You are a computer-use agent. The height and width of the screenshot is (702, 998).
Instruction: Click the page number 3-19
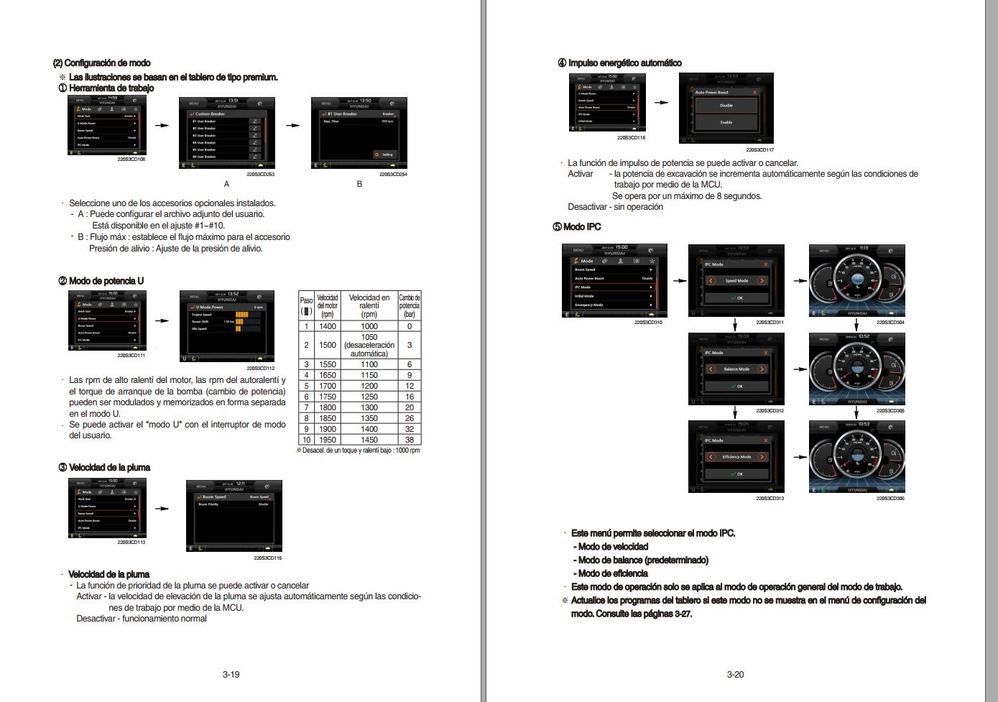(231, 674)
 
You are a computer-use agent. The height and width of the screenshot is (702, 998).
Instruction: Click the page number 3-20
(735, 674)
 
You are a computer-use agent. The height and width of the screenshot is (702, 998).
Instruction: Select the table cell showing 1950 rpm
(327, 440)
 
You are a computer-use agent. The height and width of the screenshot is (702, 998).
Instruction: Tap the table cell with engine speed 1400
(327, 326)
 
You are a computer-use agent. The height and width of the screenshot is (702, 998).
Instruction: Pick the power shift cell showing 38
(410, 440)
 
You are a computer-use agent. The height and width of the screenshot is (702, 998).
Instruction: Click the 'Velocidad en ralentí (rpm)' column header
(369, 305)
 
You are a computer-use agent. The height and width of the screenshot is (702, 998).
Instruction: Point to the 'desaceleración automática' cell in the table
(369, 345)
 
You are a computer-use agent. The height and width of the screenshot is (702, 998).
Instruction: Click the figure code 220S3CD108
(131, 160)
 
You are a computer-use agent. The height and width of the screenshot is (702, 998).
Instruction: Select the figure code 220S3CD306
(890, 498)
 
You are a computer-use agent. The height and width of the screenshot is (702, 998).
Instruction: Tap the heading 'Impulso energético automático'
(624, 63)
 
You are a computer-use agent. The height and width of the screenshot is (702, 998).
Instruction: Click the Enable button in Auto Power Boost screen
(726, 123)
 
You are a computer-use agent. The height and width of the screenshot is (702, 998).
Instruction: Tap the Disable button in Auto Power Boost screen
(726, 106)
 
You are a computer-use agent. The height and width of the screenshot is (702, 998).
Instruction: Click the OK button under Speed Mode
(736, 297)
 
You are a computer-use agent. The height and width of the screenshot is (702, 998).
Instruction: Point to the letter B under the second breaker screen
(360, 184)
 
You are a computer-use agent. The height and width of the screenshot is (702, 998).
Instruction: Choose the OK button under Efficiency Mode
(736, 474)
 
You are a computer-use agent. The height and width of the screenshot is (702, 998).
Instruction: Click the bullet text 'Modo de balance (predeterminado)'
(642, 560)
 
